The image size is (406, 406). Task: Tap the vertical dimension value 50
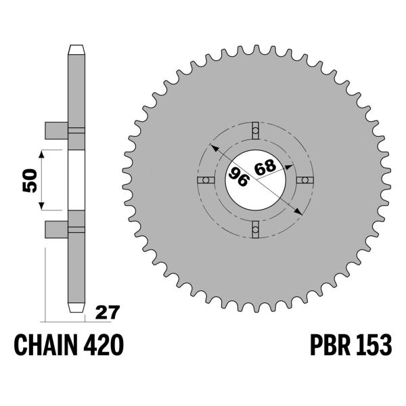[29, 180]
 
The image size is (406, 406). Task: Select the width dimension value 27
[106, 313]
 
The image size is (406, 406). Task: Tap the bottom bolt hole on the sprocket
[255, 231]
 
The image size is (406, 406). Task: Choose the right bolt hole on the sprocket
[306, 180]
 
